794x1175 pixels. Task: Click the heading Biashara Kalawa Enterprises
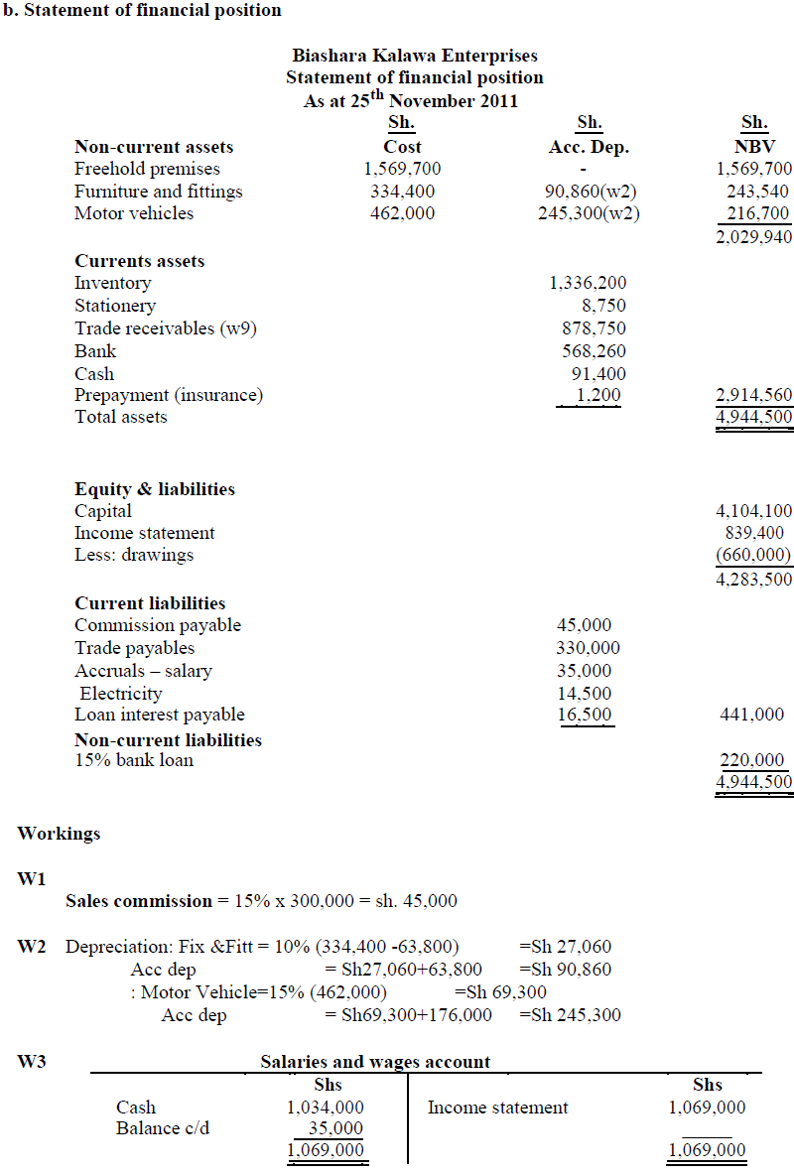[x=415, y=56]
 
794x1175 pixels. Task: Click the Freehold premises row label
[x=147, y=169]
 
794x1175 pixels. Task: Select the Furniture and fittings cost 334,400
[x=402, y=192]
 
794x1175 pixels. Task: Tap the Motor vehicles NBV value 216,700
[x=757, y=213]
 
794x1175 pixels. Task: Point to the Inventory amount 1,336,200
[x=588, y=284]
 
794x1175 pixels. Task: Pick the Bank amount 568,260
[x=594, y=351]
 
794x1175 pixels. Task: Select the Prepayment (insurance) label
[x=169, y=395]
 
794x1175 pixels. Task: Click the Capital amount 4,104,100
[x=753, y=511]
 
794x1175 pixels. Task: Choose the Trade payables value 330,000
[x=588, y=648]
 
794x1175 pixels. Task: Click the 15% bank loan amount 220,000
[x=751, y=760]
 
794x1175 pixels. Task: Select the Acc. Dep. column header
[x=589, y=147]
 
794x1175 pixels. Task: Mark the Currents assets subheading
[x=140, y=261]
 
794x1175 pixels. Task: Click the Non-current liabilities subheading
[x=168, y=740]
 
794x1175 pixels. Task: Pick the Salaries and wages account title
[x=375, y=1062]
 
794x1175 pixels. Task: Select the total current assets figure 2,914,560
[x=753, y=396]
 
